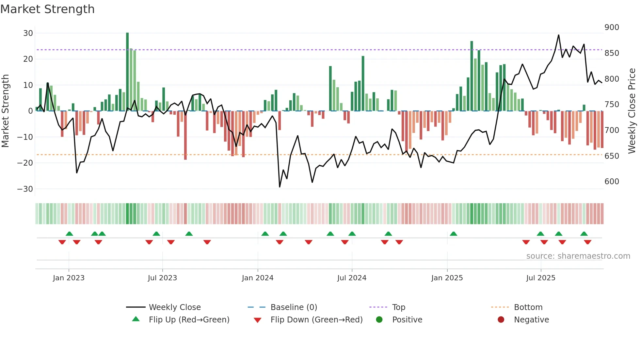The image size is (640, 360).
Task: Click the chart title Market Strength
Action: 47,9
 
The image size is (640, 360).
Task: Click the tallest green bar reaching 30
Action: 127,72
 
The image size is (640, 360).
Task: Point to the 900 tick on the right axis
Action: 611,27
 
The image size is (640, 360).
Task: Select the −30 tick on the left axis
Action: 25,189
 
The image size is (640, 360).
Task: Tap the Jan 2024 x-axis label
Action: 257,278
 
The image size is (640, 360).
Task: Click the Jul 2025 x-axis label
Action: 540,278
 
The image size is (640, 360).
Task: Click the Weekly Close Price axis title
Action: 632,111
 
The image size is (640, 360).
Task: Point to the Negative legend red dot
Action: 501,320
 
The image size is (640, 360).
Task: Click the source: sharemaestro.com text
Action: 578,256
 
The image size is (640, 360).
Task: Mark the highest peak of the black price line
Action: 558,35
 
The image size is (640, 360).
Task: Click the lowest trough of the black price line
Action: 280,187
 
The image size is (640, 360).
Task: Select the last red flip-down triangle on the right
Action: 587,242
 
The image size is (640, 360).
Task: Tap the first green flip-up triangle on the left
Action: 69,234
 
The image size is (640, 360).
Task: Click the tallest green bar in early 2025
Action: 472,76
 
